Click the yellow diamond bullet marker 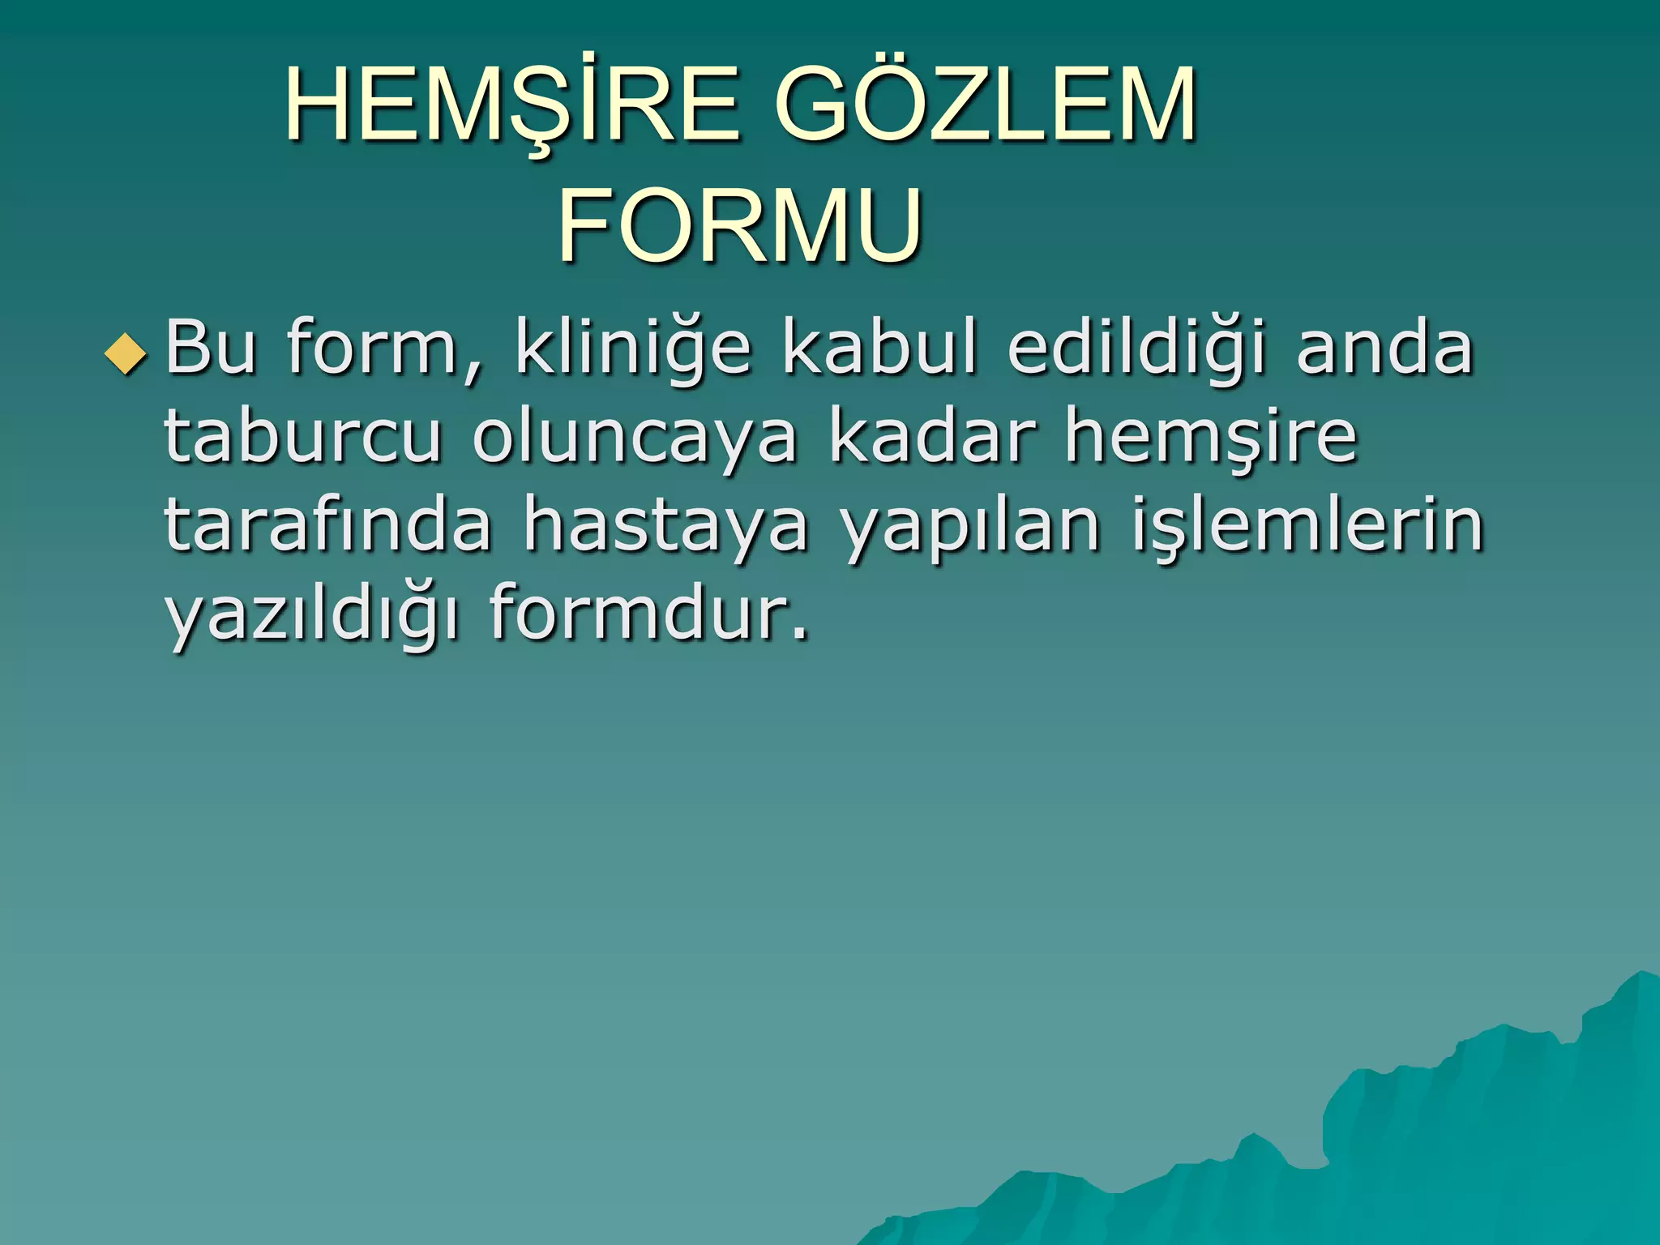(126, 354)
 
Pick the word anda (1384, 348)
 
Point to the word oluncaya (635, 439)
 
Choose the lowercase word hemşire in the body (1211, 438)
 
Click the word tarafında (328, 524)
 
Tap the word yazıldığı (313, 614)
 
